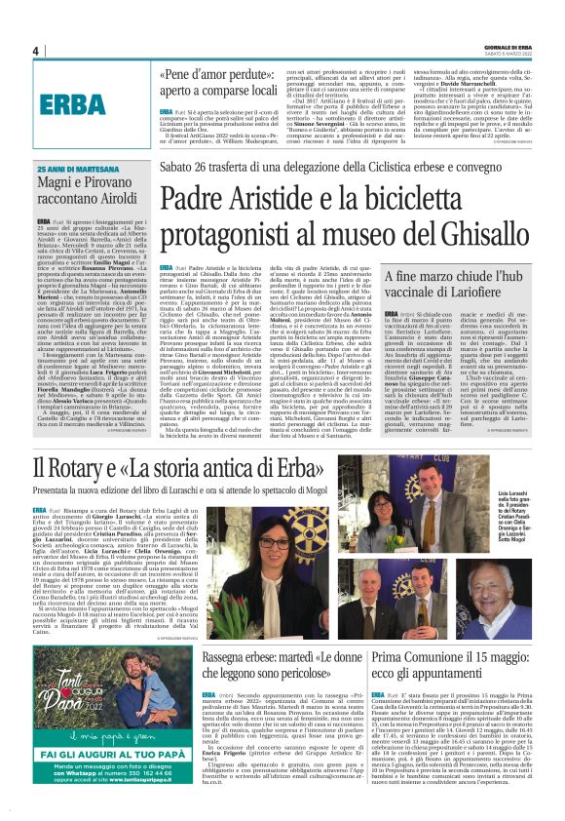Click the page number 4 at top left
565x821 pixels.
coord(36,51)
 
